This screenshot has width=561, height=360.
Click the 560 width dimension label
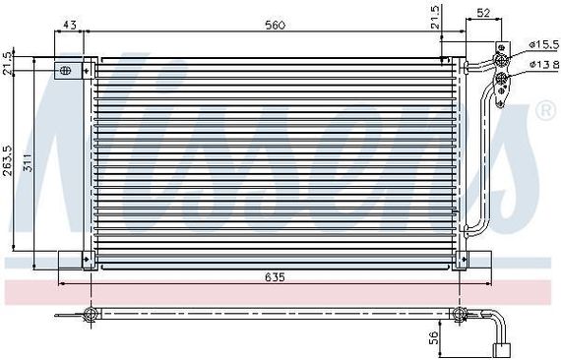click(276, 25)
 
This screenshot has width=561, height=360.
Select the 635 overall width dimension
click(276, 277)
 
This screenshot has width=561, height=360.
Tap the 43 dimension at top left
click(70, 25)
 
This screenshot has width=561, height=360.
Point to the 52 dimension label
click(483, 13)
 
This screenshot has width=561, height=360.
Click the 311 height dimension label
click(28, 162)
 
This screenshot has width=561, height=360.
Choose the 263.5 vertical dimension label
click(8, 160)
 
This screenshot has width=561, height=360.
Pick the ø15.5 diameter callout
click(544, 44)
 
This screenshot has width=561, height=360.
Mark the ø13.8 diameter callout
click(544, 64)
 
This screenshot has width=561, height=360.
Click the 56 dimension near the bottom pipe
click(433, 337)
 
